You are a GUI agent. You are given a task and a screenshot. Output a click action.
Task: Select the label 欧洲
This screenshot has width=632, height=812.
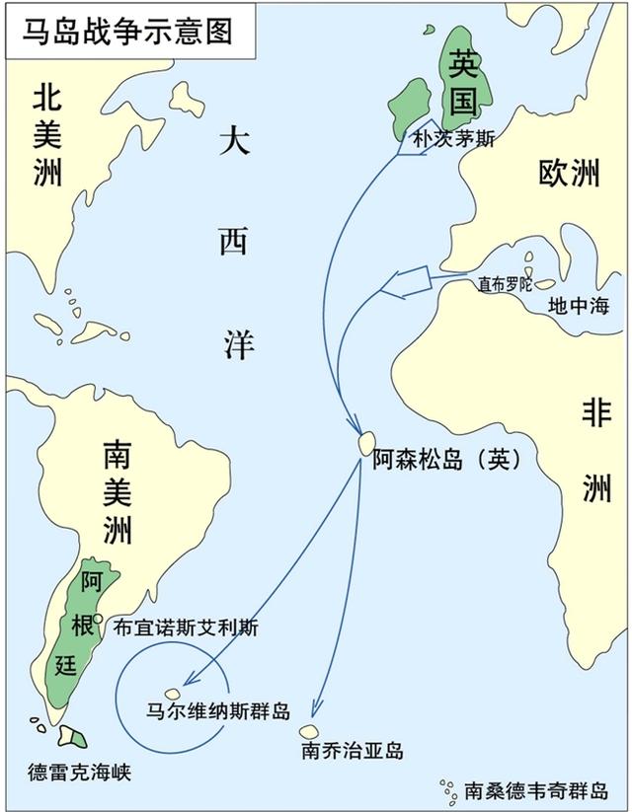pyautogui.click(x=569, y=174)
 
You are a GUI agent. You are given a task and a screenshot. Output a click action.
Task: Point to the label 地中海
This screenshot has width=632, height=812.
pyautogui.click(x=579, y=306)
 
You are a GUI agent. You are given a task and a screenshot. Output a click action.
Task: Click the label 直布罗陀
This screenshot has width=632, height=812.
pyautogui.click(x=505, y=284)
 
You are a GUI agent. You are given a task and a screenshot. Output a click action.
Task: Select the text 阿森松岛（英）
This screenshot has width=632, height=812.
pyautogui.click(x=445, y=460)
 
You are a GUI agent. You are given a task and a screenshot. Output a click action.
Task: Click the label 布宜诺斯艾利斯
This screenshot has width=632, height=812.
pyautogui.click(x=186, y=627)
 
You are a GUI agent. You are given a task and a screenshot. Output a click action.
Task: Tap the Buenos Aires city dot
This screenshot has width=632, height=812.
pyautogui.click(x=99, y=619)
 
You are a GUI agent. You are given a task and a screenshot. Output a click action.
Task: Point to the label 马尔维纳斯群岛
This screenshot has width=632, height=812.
pyautogui.click(x=218, y=710)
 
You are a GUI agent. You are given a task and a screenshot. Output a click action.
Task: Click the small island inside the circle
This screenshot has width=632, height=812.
pyautogui.click(x=173, y=695)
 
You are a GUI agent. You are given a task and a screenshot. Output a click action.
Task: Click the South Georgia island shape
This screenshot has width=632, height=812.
pyautogui.click(x=309, y=732)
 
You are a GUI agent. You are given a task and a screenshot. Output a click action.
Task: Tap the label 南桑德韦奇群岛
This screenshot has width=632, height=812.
pyautogui.click(x=546, y=790)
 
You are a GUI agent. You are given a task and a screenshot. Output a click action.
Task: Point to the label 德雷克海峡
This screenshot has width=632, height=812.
pyautogui.click(x=79, y=773)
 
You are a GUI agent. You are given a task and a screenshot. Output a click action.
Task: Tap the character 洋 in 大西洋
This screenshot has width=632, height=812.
pyautogui.click(x=237, y=345)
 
